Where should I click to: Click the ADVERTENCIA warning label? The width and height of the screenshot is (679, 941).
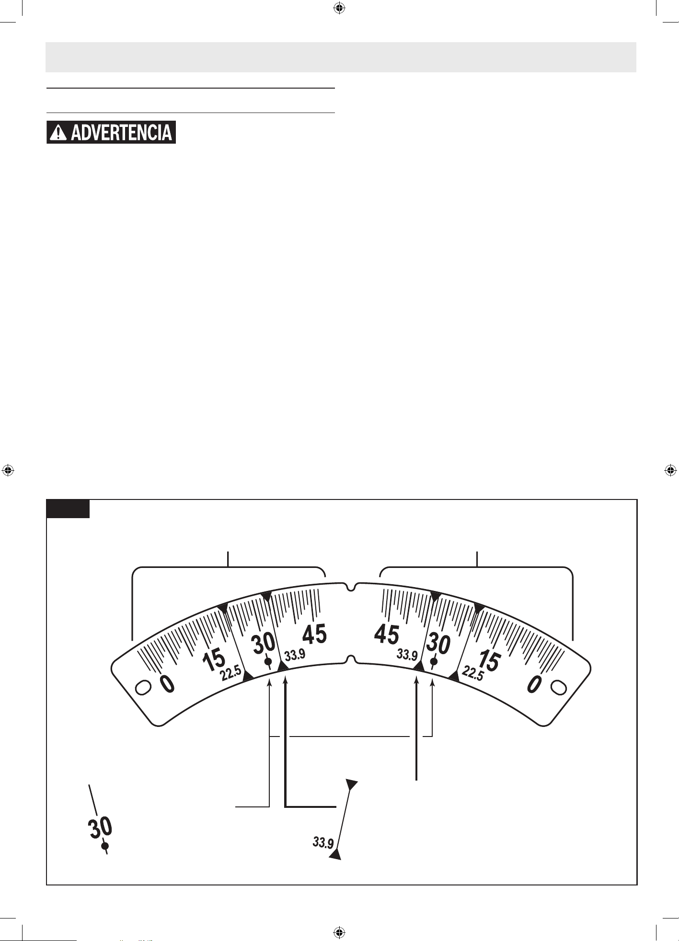click(x=111, y=132)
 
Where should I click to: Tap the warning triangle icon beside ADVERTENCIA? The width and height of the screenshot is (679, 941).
click(x=58, y=132)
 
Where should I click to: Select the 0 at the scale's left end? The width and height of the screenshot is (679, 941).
click(x=167, y=684)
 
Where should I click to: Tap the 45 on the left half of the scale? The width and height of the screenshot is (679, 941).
click(x=314, y=635)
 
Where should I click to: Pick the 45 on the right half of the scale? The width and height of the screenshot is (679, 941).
click(x=387, y=635)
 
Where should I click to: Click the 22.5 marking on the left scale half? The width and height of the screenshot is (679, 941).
click(x=231, y=674)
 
